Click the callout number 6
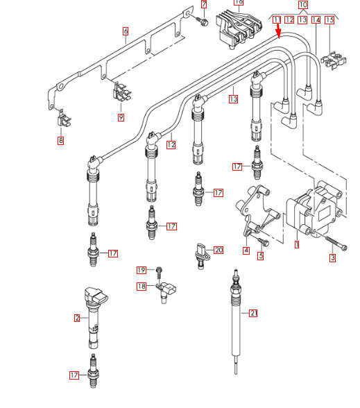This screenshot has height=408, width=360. [126, 31]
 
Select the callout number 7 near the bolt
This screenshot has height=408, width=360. [204, 5]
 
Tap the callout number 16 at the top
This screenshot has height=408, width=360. [239, 2]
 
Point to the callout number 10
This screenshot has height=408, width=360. [303, 5]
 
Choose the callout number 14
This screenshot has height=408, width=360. [316, 20]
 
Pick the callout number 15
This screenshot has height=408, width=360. [329, 20]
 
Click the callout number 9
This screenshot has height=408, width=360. [121, 117]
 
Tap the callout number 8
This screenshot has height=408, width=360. [60, 141]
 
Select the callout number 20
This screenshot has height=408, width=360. [218, 250]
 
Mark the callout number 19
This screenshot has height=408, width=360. [142, 270]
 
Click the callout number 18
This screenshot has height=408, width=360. [142, 286]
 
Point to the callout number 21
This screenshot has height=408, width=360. [253, 314]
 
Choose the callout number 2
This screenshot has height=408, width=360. [77, 318]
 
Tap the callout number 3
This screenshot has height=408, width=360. [332, 258]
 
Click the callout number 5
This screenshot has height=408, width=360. [261, 255]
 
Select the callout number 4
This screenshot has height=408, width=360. [246, 250]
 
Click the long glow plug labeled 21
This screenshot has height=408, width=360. [237, 319]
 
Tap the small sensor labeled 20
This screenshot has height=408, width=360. [201, 252]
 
